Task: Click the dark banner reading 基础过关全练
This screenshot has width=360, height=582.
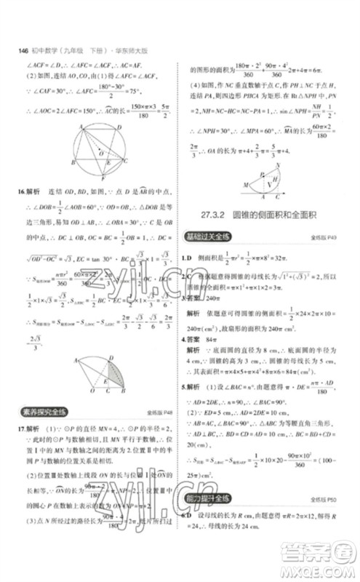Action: [209, 237]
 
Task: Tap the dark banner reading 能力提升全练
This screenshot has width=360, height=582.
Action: [209, 498]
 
